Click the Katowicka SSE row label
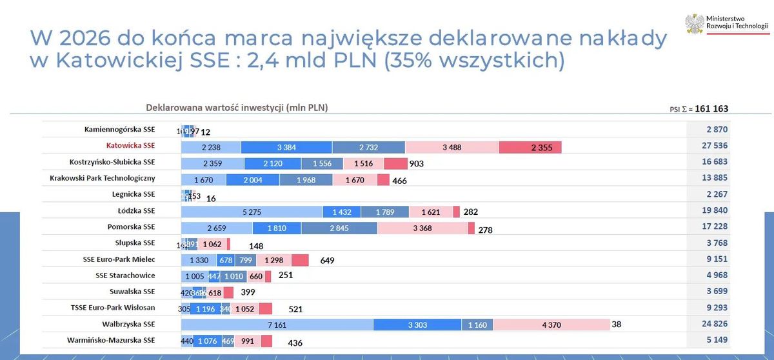pyautogui.click(x=131, y=146)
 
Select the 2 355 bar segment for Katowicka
pyautogui.click(x=530, y=147)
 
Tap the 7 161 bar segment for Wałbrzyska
pyautogui.click(x=277, y=325)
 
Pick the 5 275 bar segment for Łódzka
pyautogui.click(x=252, y=212)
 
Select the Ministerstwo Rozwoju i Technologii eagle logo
pyautogui.click(x=695, y=25)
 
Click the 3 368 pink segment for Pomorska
pyautogui.click(x=422, y=228)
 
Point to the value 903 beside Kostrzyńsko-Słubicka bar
pyautogui.click(x=416, y=164)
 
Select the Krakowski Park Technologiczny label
pyautogui.click(x=103, y=178)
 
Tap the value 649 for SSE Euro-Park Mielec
pyautogui.click(x=328, y=261)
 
